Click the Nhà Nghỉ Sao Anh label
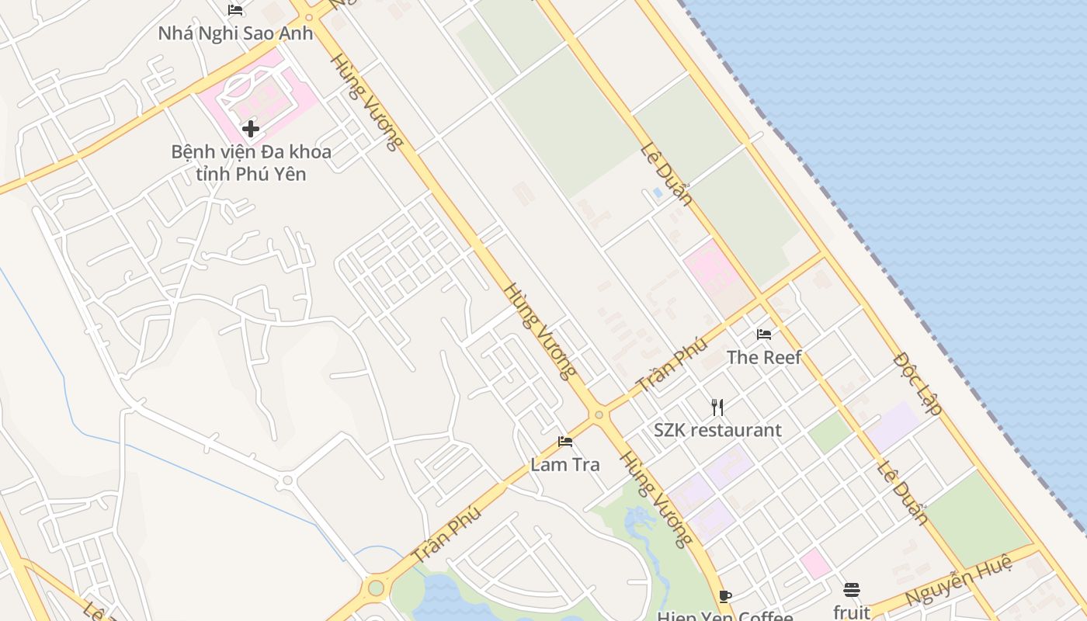click(x=235, y=33)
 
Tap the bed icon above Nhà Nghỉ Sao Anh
click(x=235, y=10)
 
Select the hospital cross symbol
click(x=250, y=129)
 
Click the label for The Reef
click(x=764, y=357)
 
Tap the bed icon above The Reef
click(x=764, y=335)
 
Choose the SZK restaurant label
click(x=717, y=430)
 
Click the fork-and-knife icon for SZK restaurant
click(x=717, y=407)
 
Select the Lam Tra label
click(x=565, y=465)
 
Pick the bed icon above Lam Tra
click(x=565, y=442)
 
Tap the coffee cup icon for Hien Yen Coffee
click(x=725, y=596)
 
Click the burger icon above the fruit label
click(x=852, y=589)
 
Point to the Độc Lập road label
click(x=918, y=383)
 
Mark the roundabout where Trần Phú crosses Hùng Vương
click(x=599, y=415)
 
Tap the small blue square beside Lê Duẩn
click(x=658, y=192)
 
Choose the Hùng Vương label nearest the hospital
click(x=367, y=102)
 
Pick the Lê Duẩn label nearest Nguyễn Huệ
click(x=903, y=492)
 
